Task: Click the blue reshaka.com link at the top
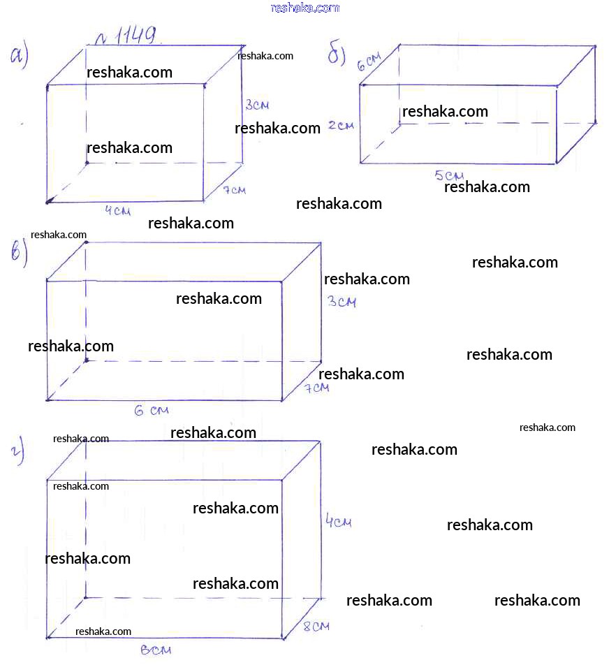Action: click(x=304, y=8)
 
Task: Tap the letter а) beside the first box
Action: click(x=19, y=56)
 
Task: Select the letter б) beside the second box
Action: click(x=337, y=54)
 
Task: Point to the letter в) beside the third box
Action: click(x=19, y=254)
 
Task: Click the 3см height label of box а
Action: click(x=257, y=105)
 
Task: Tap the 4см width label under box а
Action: click(x=117, y=211)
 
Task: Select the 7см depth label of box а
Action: click(x=235, y=190)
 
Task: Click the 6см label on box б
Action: click(x=368, y=64)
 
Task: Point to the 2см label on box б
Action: click(x=341, y=126)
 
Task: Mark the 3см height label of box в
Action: click(x=342, y=302)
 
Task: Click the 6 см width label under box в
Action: click(x=151, y=411)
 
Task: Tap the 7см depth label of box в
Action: click(x=316, y=388)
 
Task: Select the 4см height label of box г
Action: click(x=338, y=521)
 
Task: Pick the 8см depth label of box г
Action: click(x=316, y=626)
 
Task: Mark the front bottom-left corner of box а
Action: click(x=47, y=203)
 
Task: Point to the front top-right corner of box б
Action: click(x=557, y=86)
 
